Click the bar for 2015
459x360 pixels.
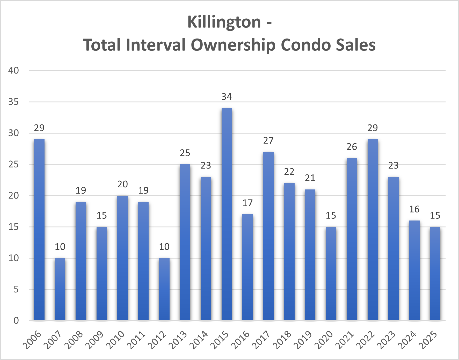(x=227, y=214)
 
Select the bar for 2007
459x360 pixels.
(x=60, y=289)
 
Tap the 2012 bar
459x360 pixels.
(x=164, y=289)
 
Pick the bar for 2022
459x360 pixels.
(x=373, y=230)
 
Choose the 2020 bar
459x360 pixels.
(x=331, y=274)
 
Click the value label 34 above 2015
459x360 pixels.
(x=227, y=97)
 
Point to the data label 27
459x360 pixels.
(x=268, y=141)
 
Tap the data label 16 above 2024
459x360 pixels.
(x=414, y=209)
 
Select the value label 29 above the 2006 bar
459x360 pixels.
(x=39, y=128)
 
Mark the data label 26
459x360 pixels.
(x=352, y=147)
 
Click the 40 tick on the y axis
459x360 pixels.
(x=13, y=70)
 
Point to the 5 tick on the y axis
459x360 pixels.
(x=16, y=289)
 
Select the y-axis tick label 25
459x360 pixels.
(x=13, y=164)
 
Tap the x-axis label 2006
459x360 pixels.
(x=32, y=340)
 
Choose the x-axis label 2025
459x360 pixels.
(x=428, y=340)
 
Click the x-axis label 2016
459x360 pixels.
(x=241, y=340)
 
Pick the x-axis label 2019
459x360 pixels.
(x=303, y=340)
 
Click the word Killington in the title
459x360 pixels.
(x=224, y=22)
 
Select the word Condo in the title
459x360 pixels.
(x=305, y=45)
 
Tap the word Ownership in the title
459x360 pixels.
(x=233, y=45)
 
